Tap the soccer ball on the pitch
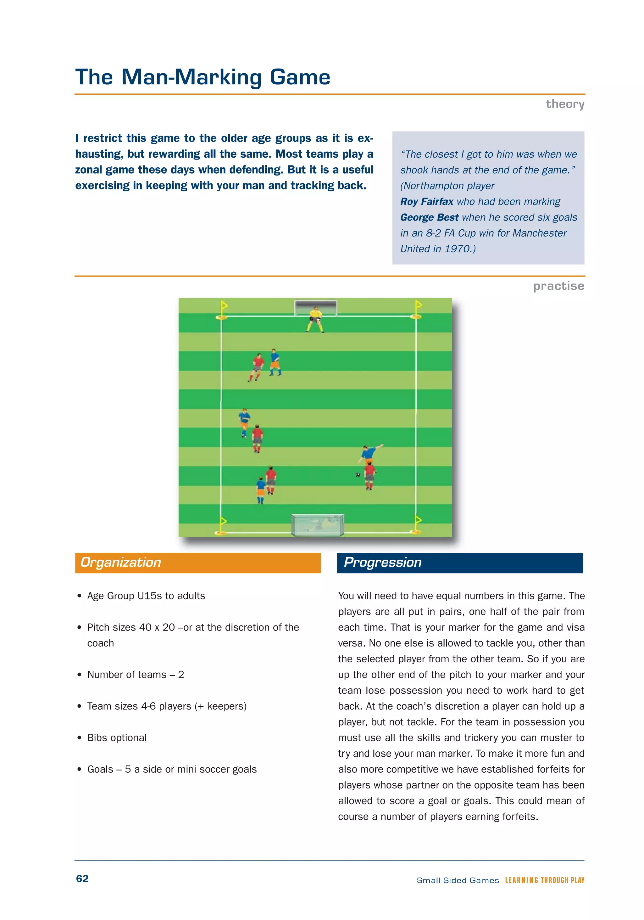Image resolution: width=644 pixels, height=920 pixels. pos(358,475)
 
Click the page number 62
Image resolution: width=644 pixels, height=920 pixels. pos(82,878)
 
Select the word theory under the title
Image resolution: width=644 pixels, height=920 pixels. pos(565,104)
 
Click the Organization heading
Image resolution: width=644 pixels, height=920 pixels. pos(121,562)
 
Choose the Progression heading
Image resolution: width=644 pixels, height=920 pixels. pos(382,562)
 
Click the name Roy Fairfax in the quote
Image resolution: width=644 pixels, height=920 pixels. pos(426,202)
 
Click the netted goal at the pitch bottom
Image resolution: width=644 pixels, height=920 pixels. pos(317,525)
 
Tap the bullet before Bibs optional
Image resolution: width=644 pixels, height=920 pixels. pos(79,738)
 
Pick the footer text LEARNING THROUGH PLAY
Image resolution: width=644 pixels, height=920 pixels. pos(544,880)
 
